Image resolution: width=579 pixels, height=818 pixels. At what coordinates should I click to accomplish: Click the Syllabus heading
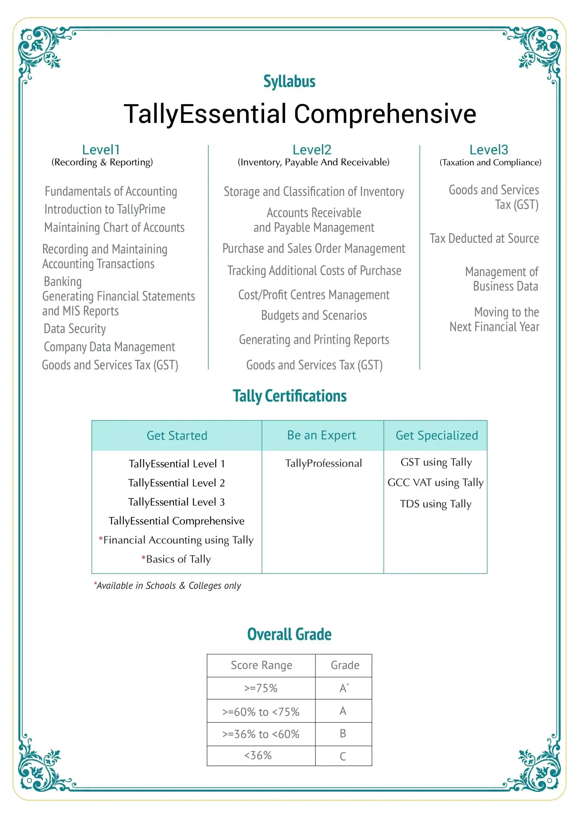[289, 81]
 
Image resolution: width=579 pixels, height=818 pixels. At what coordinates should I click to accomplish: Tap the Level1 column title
[101, 150]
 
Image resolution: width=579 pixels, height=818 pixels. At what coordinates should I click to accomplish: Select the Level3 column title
[489, 150]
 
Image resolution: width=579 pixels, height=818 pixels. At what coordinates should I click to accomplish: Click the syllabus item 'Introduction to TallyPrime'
[105, 209]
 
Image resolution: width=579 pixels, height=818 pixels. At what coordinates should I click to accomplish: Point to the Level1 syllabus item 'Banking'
[63, 282]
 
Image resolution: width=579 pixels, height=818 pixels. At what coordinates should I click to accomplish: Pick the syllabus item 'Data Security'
[75, 328]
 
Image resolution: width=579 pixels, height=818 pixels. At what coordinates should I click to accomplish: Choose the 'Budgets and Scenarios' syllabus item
[314, 315]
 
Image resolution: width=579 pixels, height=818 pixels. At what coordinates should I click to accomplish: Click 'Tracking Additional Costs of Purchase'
[314, 271]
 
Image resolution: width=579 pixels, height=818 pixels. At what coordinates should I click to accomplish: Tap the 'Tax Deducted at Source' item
[484, 238]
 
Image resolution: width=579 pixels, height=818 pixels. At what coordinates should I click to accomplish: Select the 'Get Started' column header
[177, 436]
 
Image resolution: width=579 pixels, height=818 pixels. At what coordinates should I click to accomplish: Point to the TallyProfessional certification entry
[323, 463]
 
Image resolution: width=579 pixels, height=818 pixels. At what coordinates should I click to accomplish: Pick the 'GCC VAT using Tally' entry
[436, 482]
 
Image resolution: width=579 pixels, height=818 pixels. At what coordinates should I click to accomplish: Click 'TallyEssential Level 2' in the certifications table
[176, 483]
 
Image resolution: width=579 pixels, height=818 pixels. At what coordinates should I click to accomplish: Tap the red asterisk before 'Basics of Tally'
[143, 558]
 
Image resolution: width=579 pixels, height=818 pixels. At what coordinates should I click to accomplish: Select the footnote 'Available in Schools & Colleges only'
[168, 586]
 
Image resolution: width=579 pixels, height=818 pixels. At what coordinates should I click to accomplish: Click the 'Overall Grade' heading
[289, 634]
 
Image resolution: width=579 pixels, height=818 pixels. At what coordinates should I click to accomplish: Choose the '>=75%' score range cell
[261, 688]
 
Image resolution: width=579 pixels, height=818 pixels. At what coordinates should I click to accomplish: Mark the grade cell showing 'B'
[343, 733]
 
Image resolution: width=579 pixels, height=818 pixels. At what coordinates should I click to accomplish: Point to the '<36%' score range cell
[258, 755]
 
